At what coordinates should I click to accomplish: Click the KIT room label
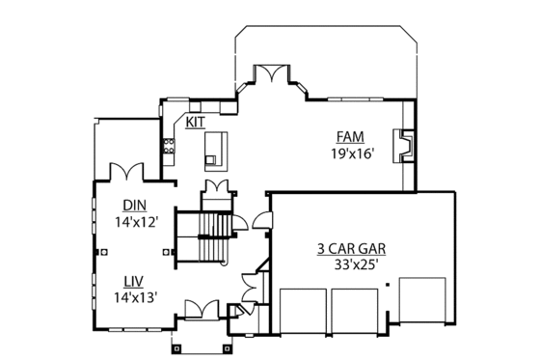pos(196,124)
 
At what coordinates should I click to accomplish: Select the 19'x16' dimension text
pos(350,152)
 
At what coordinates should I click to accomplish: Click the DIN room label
pos(134,206)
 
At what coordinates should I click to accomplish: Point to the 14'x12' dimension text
pos(134,222)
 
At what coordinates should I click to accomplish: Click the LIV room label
pos(134,281)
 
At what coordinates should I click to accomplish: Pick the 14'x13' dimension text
pos(134,297)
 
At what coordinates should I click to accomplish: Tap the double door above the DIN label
pos(126,171)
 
